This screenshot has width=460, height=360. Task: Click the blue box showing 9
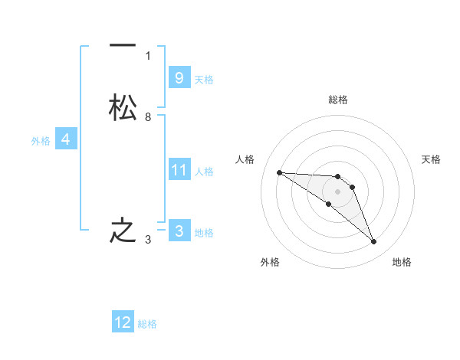tap(179, 77)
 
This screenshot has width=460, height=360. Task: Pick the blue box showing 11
tap(179, 170)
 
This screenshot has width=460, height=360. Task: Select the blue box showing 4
tap(66, 139)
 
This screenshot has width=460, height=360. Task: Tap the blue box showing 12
tap(123, 322)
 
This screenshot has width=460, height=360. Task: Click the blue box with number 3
tap(179, 231)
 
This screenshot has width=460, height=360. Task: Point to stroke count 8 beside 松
tap(148, 117)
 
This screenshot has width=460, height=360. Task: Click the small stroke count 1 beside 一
tap(148, 55)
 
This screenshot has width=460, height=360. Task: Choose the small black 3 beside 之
tap(148, 241)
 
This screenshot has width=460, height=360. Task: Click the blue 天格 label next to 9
tap(204, 79)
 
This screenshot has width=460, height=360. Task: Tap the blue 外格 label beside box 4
tap(40, 141)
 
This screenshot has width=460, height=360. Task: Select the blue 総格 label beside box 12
tap(147, 324)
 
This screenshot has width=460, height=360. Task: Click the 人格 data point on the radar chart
tap(279, 172)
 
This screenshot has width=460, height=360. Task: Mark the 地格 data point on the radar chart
tap(373, 242)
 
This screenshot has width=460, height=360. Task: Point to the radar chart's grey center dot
tap(337, 191)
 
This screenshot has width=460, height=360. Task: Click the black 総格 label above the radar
tap(337, 100)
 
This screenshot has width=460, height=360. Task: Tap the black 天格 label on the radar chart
tap(431, 159)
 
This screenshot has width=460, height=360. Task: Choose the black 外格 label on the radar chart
tap(270, 262)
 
